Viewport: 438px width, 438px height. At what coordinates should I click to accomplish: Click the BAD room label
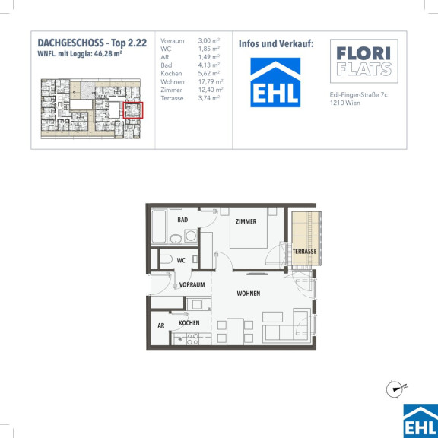pos(182,220)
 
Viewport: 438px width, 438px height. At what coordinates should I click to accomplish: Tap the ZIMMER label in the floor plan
pos(246,221)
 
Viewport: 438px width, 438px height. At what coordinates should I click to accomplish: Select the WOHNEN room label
pos(249,294)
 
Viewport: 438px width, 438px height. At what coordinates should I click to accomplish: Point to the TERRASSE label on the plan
pos(304,252)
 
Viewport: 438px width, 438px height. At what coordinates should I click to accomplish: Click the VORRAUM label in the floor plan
pos(192,284)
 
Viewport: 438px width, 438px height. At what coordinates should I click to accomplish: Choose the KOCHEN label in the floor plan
pos(189,323)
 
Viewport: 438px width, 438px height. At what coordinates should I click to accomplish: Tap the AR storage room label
pos(161,325)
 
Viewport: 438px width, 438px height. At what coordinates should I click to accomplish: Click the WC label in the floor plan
pos(181,260)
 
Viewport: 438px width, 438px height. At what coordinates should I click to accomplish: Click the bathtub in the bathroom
pos(159,227)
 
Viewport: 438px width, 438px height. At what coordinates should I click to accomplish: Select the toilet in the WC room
pos(166,259)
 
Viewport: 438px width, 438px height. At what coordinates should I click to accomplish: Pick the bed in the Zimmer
pos(249,227)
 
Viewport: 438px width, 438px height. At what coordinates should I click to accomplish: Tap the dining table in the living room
pos(235,332)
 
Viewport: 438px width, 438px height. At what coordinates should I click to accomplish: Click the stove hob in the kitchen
pos(192,339)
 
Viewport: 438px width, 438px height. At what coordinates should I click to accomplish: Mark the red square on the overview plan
pos(133,110)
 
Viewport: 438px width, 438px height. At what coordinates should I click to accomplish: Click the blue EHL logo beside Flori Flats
pos(275,82)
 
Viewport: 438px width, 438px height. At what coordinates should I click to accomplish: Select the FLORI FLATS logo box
pos(364,61)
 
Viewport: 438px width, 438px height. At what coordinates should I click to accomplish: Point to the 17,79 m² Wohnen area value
pos(211,82)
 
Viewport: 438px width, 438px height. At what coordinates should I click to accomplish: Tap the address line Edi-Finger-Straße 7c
pos(358,95)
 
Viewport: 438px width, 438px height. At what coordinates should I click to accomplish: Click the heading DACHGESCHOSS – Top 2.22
pos(92,43)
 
